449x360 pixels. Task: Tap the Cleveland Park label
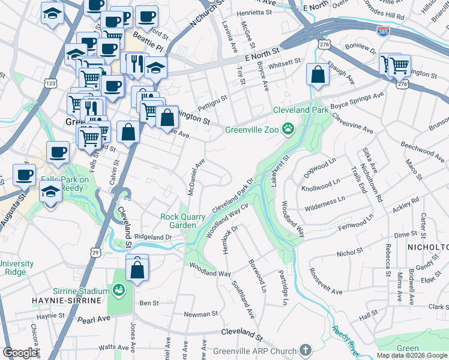click(x=301, y=110)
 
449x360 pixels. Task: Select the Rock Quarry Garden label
click(x=178, y=221)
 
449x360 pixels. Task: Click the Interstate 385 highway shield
click(x=382, y=30)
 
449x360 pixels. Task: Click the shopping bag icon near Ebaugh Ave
click(x=318, y=75)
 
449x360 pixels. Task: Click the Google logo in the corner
click(x=20, y=353)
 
